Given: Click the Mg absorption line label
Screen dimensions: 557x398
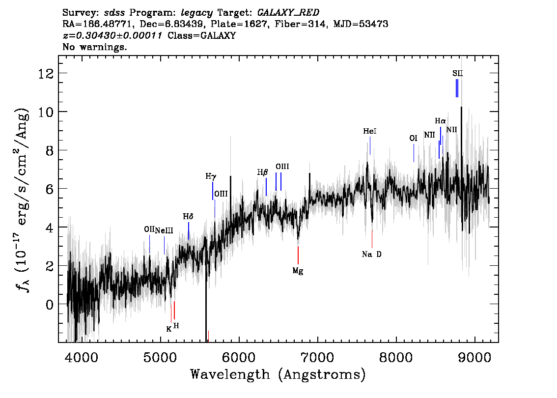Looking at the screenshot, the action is tap(298, 271).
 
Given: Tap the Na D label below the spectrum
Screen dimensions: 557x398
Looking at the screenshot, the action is tap(371, 254).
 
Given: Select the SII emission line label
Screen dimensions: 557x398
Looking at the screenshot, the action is tap(458, 74).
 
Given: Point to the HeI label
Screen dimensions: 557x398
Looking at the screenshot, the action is tap(370, 131).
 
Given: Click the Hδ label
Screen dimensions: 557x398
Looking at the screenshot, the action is tap(188, 216).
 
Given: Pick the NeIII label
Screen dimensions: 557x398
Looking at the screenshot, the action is tap(164, 230).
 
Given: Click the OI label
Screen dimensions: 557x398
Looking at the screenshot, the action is tap(413, 138).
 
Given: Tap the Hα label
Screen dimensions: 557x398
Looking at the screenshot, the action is tap(440, 121).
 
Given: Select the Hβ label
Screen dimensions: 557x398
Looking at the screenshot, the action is tap(262, 172).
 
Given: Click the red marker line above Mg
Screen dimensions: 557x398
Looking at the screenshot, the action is tap(298, 255).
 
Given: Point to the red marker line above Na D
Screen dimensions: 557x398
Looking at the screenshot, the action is tap(372, 239).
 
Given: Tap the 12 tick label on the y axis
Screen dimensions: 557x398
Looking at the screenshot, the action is tap(46, 74).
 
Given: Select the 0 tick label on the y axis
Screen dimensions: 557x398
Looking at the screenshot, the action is tap(50, 305).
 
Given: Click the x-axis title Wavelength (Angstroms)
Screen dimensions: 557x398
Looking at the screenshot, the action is tap(278, 375).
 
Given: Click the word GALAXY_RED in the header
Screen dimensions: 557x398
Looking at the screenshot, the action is tap(288, 13).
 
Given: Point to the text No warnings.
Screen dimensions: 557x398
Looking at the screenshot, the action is tap(94, 47).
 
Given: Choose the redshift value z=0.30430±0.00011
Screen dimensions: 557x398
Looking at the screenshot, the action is tap(112, 35).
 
